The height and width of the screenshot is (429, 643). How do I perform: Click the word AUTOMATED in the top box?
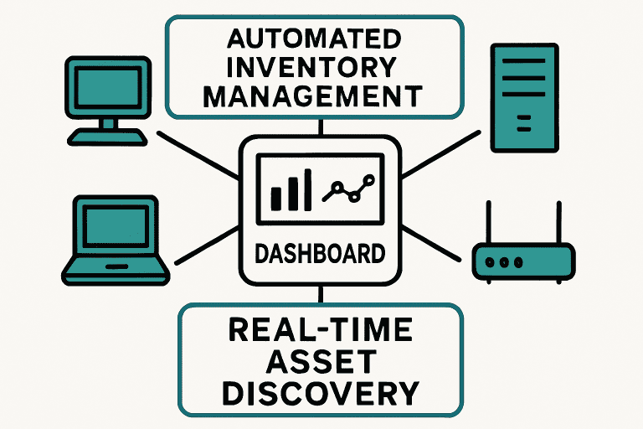[x=315, y=39]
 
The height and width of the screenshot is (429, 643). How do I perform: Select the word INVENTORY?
[x=315, y=67]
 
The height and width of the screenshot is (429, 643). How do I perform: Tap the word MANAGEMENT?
[x=315, y=96]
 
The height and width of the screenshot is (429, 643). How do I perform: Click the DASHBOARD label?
[x=321, y=252]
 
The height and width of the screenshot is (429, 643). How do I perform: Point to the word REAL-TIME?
[x=321, y=330]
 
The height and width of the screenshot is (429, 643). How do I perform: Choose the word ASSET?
[x=321, y=361]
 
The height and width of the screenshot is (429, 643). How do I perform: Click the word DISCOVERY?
[x=321, y=392]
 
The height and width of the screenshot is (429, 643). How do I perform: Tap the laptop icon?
[x=108, y=239]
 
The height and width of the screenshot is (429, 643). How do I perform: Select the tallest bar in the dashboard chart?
[x=307, y=187]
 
